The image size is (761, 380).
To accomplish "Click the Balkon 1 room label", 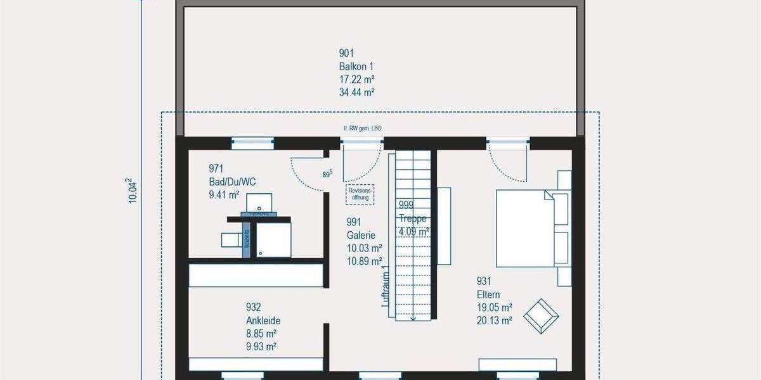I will point(356,66).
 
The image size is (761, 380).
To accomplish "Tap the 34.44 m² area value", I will point(356,92).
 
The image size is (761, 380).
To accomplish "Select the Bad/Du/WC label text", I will point(232,182).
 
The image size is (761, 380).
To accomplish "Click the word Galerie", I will point(361,235).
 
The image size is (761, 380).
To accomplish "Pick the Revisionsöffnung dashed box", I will point(360,194).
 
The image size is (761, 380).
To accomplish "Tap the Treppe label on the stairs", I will point(413,218).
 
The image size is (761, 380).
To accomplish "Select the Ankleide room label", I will point(263,320).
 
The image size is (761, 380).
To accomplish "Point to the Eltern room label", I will point(488,294).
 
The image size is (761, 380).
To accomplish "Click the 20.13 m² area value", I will point(494,320).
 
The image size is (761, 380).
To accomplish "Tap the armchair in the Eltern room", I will point(539,315).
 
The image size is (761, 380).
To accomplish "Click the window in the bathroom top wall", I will point(252,143).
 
